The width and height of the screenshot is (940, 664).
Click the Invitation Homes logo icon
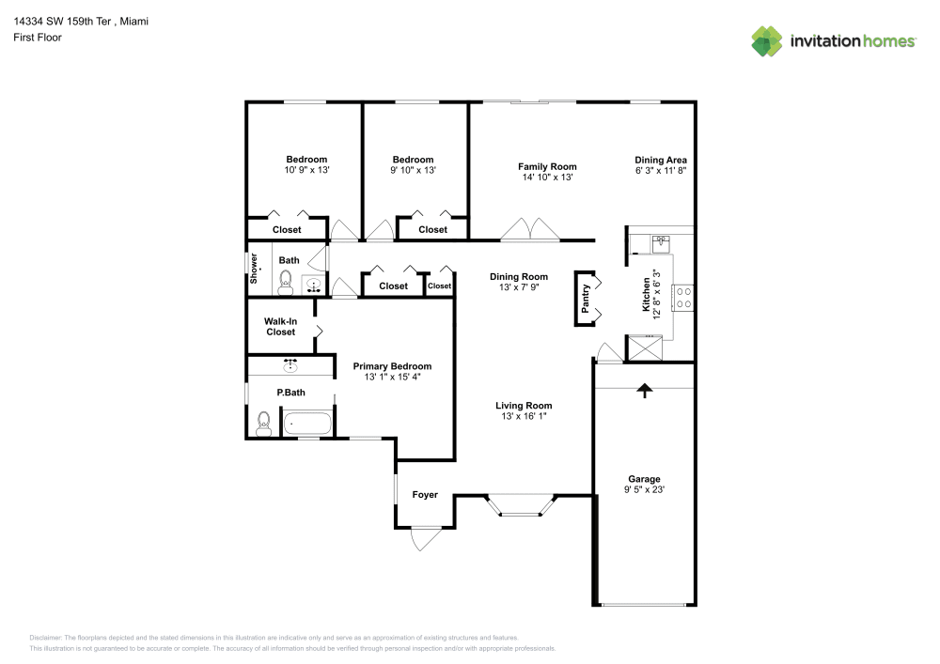[766, 41]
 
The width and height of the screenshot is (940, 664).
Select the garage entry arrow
[645, 390]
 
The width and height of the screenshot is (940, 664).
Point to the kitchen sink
[661, 243]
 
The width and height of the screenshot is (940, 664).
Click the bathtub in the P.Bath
[307, 425]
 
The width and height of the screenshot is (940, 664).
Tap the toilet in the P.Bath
[264, 424]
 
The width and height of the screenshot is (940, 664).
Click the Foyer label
[425, 495]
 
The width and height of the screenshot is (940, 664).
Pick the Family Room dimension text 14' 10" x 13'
[547, 177]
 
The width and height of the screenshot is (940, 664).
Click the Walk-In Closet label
[280, 326]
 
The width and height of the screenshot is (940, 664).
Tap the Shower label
[254, 269]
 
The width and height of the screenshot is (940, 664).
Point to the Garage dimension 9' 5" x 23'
[644, 489]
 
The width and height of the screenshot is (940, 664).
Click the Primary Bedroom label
[392, 366]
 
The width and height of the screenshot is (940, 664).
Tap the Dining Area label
[660, 160]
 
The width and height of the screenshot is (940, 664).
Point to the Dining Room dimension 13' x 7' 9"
[518, 287]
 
